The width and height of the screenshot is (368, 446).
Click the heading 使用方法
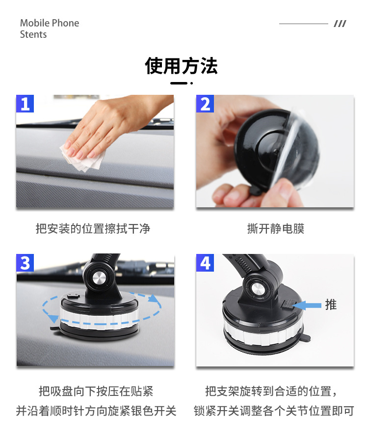pyautogui.click(x=181, y=66)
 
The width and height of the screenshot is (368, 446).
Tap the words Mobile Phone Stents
pyautogui.click(x=50, y=28)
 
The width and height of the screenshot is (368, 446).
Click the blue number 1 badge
pyautogui.click(x=25, y=104)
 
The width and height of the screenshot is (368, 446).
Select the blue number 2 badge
pyautogui.click(x=205, y=104)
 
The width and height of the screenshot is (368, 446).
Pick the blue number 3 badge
pyautogui.click(x=25, y=263)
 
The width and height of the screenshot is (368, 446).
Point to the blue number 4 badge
pyautogui.click(x=205, y=263)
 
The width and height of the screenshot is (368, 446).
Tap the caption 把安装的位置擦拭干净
pyautogui.click(x=93, y=229)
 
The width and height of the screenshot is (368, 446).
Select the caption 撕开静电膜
pyautogui.click(x=276, y=229)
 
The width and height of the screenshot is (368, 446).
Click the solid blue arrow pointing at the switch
pyautogui.click(x=307, y=305)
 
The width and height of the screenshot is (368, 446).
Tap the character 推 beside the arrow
pyautogui.click(x=331, y=305)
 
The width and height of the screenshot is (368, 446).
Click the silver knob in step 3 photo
pyautogui.click(x=99, y=278)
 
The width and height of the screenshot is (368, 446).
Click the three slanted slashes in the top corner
pyautogui.click(x=340, y=24)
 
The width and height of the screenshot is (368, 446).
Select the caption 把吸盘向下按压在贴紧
pyautogui.click(x=96, y=391)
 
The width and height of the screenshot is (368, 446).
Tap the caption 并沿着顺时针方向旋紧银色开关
pyautogui.click(x=96, y=411)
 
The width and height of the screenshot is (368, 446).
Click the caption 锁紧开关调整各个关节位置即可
pyautogui.click(x=274, y=411)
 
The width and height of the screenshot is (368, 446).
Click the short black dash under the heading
pyautogui.click(x=179, y=83)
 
